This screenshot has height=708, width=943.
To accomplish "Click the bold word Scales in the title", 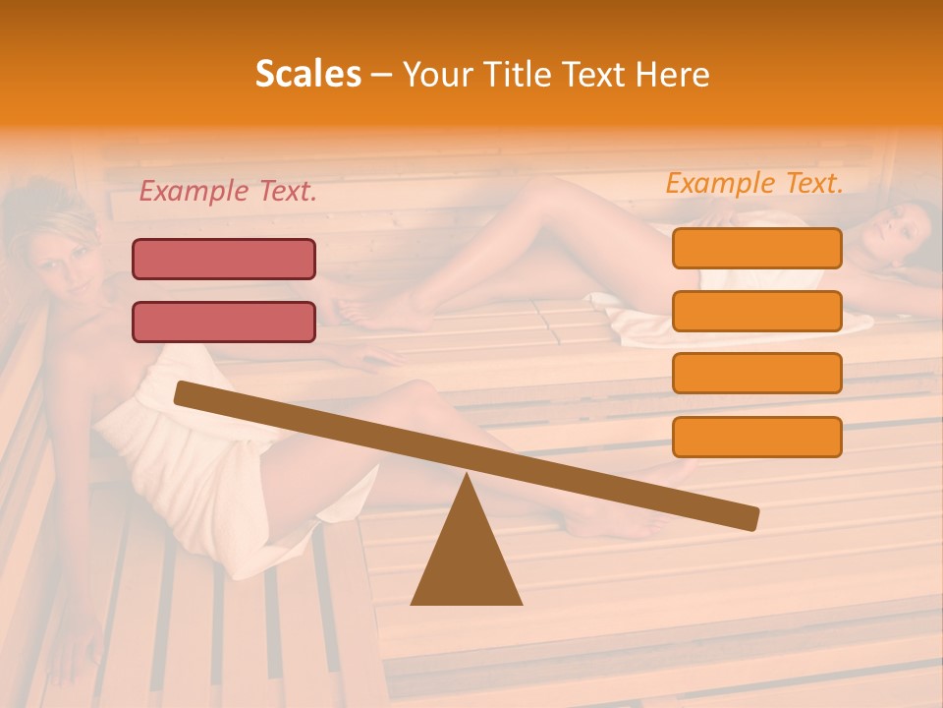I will tap(307, 74).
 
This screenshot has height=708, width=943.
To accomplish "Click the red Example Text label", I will tap(228, 192).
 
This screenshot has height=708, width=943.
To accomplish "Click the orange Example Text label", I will tap(754, 183).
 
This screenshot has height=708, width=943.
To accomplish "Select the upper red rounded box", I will tap(224, 259).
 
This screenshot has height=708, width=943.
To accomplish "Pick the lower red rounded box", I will tap(224, 322).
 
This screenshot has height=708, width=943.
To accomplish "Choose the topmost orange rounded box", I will tap(756, 248).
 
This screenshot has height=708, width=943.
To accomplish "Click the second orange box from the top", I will tap(756, 311).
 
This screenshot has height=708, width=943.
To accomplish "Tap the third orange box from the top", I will tap(756, 374).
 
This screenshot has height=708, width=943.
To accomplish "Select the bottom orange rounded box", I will tap(756, 437).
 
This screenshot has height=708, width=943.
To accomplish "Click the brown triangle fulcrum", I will tap(467, 560).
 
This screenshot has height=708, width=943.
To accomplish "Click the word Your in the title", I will tap(435, 74).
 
